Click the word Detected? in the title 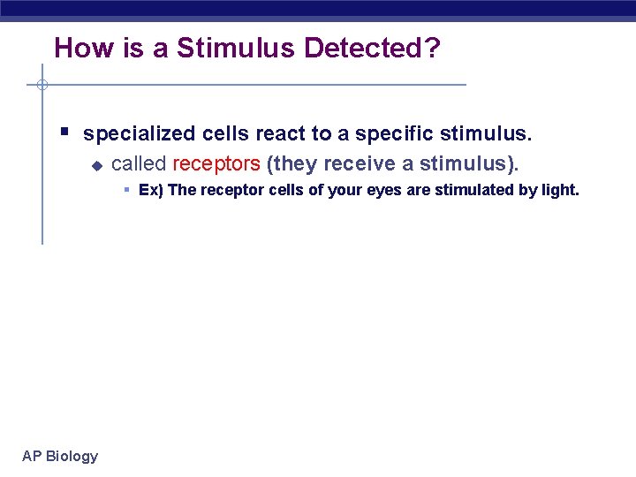(371, 49)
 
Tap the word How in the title (76, 49)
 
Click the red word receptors (216, 164)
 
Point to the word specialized (140, 134)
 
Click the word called (140, 164)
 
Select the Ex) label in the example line (151, 190)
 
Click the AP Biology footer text (60, 456)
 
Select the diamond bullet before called (97, 165)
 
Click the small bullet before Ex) (127, 189)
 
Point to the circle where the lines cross (42, 85)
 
